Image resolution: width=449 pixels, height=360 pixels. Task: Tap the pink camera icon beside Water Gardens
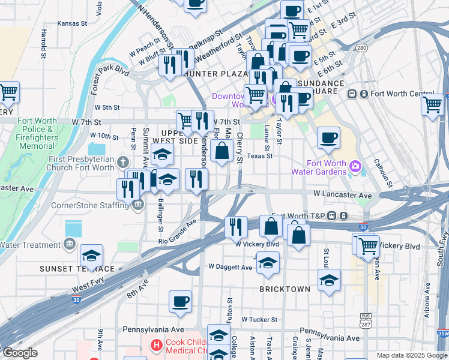coord(355,165)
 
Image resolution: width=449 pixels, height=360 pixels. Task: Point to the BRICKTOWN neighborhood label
coord(285,289)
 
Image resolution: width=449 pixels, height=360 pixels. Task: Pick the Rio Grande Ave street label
coord(178,230)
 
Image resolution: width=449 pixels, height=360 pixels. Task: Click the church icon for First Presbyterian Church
coord(123,163)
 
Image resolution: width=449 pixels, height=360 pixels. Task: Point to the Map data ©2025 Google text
coord(411,355)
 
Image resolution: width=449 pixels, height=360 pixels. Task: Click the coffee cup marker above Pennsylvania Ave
coord(180,302)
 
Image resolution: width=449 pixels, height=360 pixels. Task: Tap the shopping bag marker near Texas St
coord(222,151)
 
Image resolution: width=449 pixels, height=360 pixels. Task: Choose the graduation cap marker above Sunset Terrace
coord(91,256)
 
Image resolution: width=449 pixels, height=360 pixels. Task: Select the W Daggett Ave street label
coord(230,266)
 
